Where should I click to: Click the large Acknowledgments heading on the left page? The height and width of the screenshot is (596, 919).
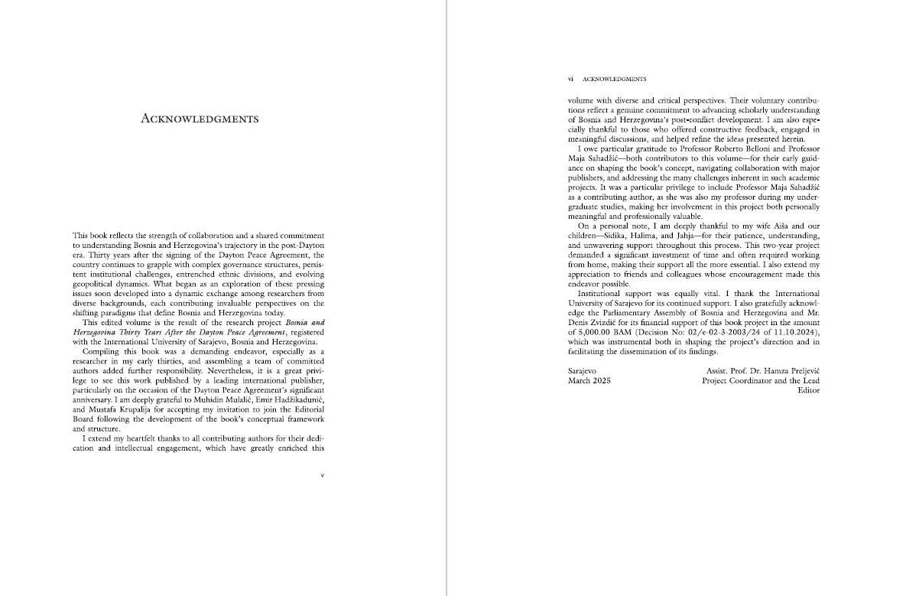(200, 119)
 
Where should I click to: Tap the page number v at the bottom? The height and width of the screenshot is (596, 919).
(323, 475)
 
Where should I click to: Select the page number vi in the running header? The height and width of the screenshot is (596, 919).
(570, 78)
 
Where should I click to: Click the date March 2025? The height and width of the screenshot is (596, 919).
(589, 380)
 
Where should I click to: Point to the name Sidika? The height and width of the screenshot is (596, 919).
(619, 236)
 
